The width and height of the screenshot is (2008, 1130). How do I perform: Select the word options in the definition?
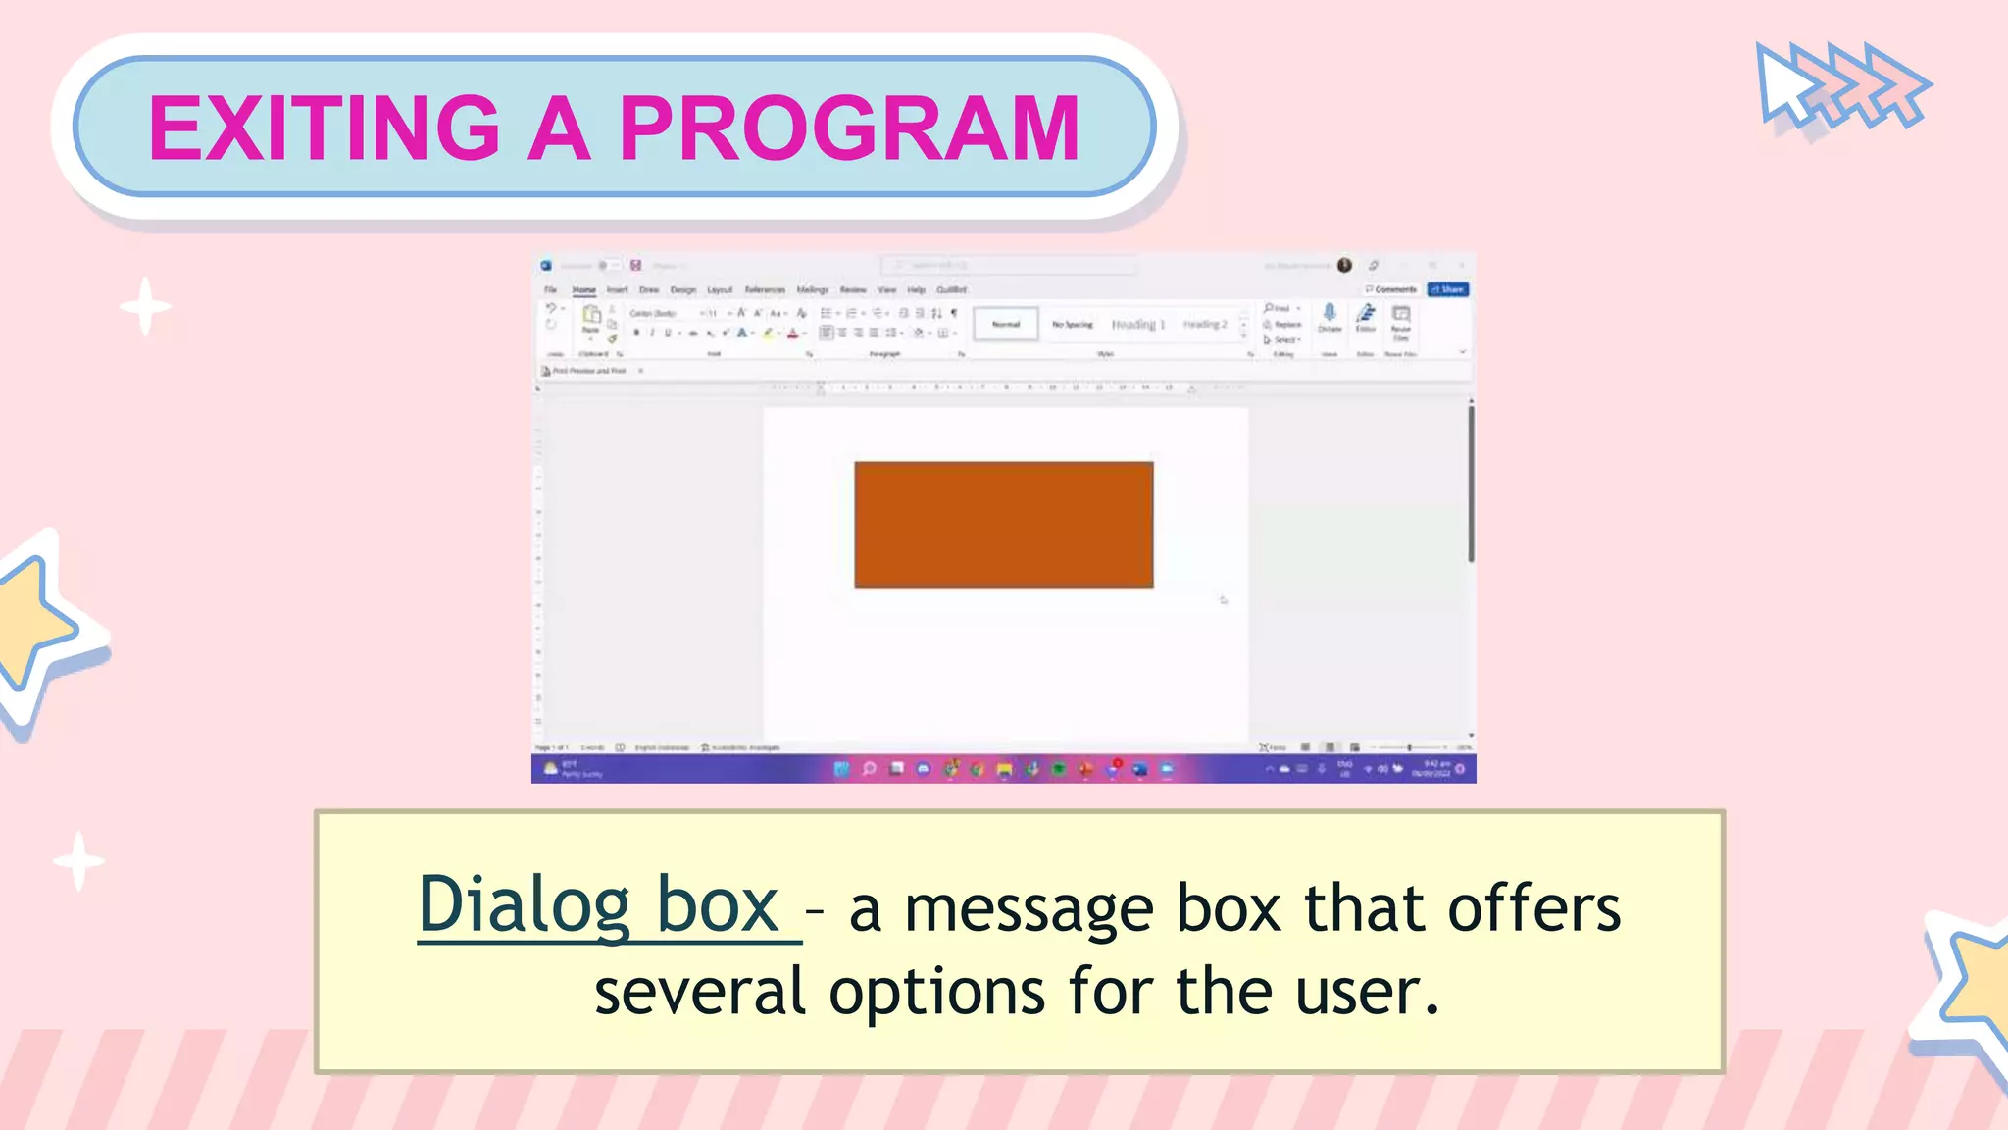click(x=936, y=992)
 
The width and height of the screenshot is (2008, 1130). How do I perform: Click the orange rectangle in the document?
click(x=1003, y=525)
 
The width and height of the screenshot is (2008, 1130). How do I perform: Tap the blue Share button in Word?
click(x=1447, y=289)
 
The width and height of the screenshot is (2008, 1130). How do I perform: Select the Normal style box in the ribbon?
click(x=1006, y=324)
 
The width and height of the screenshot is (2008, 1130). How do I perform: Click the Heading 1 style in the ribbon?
click(x=1137, y=324)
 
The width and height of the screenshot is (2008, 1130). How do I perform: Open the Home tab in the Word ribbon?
click(x=584, y=290)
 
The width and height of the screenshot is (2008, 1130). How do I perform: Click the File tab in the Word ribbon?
click(x=551, y=290)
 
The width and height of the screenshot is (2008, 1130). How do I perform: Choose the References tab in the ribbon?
click(x=765, y=290)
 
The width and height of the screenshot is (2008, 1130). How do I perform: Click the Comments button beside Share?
click(x=1391, y=289)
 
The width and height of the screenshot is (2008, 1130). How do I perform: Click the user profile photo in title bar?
click(x=1345, y=265)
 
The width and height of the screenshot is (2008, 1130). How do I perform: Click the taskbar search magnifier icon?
click(x=869, y=770)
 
